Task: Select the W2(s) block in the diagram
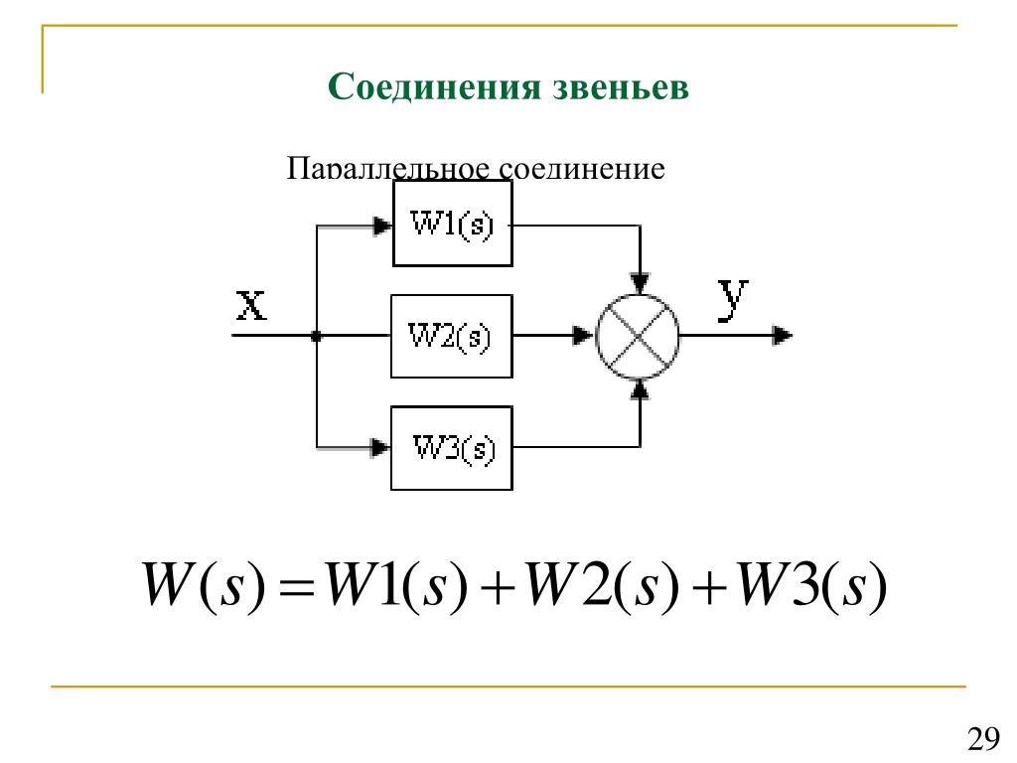tap(452, 336)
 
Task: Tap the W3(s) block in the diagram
tap(452, 448)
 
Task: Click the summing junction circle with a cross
tap(638, 336)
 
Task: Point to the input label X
tap(251, 304)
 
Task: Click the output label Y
tap(734, 300)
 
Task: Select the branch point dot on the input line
tap(316, 336)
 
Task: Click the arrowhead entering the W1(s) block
tap(382, 226)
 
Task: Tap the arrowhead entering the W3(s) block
tap(381, 447)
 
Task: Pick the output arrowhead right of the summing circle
tap(783, 336)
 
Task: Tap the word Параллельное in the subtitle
tap(388, 168)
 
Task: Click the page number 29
tap(982, 738)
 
